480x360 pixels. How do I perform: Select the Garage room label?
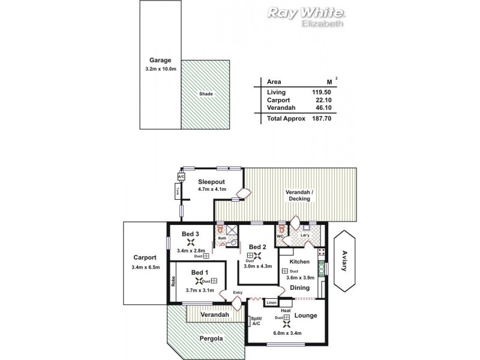[x=161, y=60]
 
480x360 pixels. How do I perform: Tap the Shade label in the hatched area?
[x=206, y=94]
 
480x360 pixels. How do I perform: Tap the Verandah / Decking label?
[x=304, y=196]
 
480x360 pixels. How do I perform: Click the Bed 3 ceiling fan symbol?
[x=191, y=242]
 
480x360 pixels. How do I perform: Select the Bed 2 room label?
[x=257, y=247]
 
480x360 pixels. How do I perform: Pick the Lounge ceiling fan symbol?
[x=287, y=318]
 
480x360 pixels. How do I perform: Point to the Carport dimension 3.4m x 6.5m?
[x=145, y=268]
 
